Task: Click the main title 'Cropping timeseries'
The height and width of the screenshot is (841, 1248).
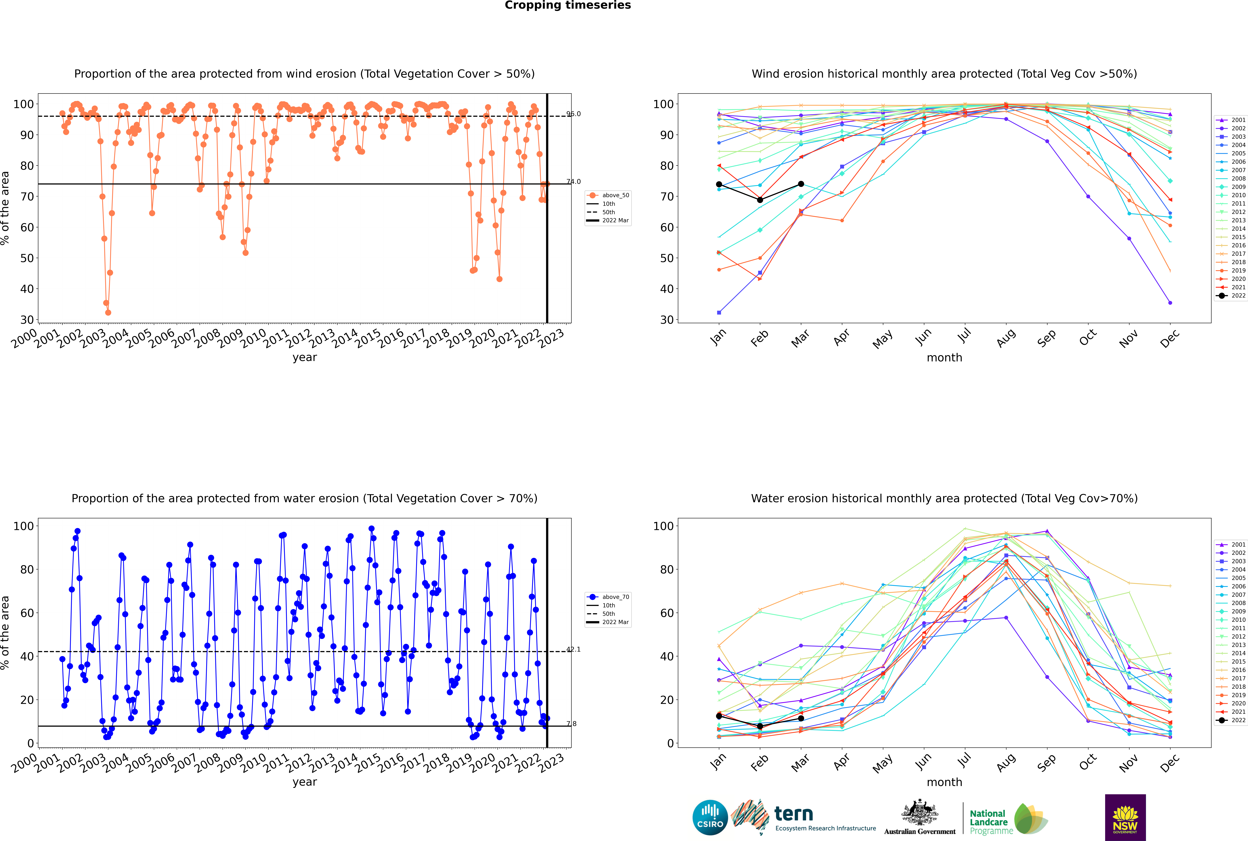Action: point(568,5)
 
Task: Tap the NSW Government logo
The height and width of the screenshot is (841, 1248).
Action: point(1125,817)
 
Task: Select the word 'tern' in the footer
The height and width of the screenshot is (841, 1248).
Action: point(794,814)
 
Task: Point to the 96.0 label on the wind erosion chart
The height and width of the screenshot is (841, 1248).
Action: point(574,114)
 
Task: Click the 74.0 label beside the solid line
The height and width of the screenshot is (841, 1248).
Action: point(574,181)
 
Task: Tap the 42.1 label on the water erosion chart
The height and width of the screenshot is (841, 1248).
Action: point(574,649)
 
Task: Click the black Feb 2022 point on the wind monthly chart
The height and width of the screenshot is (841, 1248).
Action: point(760,200)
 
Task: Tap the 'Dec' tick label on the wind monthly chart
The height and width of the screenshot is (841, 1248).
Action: point(1170,338)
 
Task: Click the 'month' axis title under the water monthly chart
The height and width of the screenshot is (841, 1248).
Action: point(944,782)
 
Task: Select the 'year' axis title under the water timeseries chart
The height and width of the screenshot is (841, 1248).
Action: point(305,782)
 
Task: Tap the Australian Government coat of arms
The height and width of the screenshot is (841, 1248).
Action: point(920,813)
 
